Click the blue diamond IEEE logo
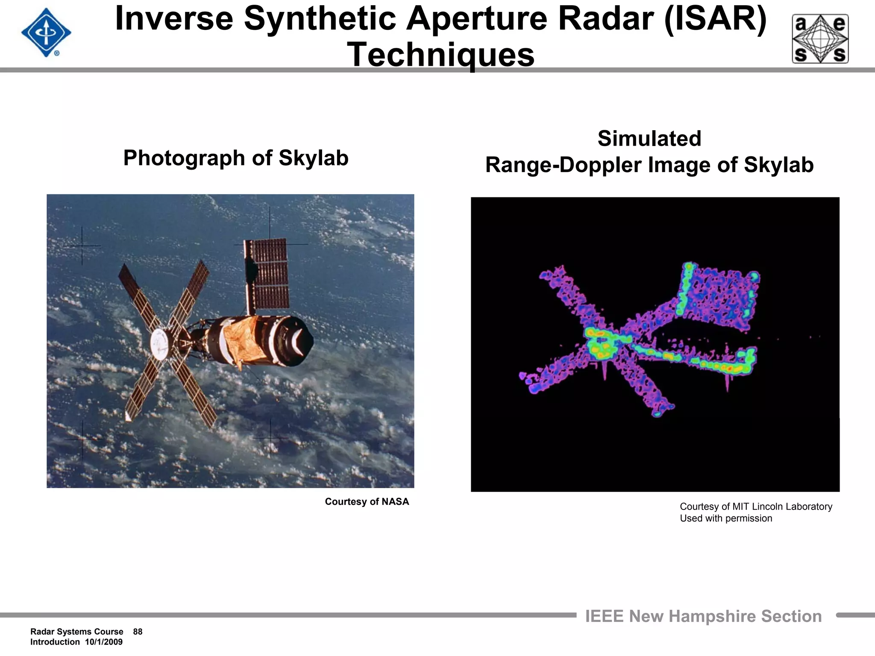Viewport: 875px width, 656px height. pos(46,33)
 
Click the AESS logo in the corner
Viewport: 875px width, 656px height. pos(820,39)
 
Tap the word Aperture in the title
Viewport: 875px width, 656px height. pos(476,19)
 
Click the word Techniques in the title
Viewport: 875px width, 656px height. pos(440,55)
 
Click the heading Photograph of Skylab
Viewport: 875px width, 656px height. pos(236,158)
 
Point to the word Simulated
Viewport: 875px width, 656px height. pos(649,139)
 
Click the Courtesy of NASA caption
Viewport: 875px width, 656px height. pos(367,501)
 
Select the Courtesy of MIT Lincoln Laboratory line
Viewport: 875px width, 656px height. pos(755,507)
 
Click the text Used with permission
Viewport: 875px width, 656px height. pos(726,518)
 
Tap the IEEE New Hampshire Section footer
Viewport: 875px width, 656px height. pos(703,616)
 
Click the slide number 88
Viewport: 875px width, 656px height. pos(138,632)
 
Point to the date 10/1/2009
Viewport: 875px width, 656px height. pos(104,642)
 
